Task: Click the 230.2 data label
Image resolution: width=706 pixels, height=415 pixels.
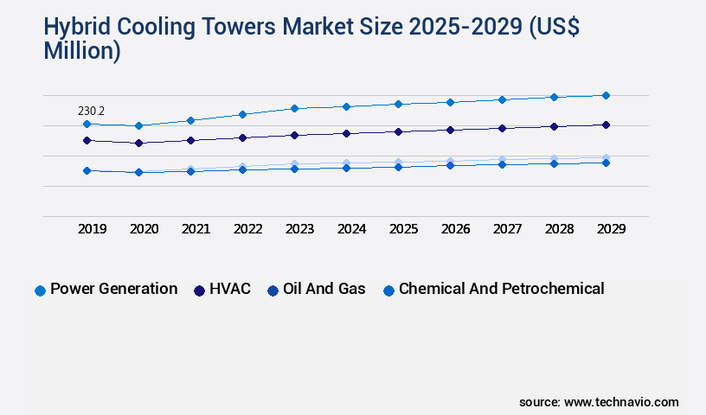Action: [x=91, y=112]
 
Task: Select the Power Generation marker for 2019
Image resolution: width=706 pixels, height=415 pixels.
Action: [x=87, y=124]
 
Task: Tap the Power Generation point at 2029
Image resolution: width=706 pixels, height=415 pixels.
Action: [x=606, y=95]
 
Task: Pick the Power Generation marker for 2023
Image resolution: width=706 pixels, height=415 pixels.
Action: [x=294, y=108]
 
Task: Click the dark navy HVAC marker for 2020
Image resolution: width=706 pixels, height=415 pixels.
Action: [x=138, y=143]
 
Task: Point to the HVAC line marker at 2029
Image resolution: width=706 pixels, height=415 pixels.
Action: [x=606, y=124]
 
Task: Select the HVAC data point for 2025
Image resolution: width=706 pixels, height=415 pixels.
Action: [x=398, y=131]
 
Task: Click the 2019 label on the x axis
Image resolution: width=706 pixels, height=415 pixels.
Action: [x=93, y=229]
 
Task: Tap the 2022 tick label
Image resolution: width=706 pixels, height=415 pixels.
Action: [x=248, y=229]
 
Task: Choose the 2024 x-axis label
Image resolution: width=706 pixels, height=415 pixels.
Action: [x=352, y=229]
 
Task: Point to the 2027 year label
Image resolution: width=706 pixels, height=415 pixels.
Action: [x=508, y=229]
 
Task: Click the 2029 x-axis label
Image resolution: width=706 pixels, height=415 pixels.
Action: [x=611, y=229]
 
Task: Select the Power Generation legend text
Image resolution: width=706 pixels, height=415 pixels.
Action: [x=113, y=289]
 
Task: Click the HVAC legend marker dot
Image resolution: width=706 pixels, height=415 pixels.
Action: [x=200, y=290]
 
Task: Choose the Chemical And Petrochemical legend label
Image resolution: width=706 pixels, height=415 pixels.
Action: [x=501, y=289]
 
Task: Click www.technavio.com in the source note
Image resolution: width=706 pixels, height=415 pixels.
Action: [x=621, y=402]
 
